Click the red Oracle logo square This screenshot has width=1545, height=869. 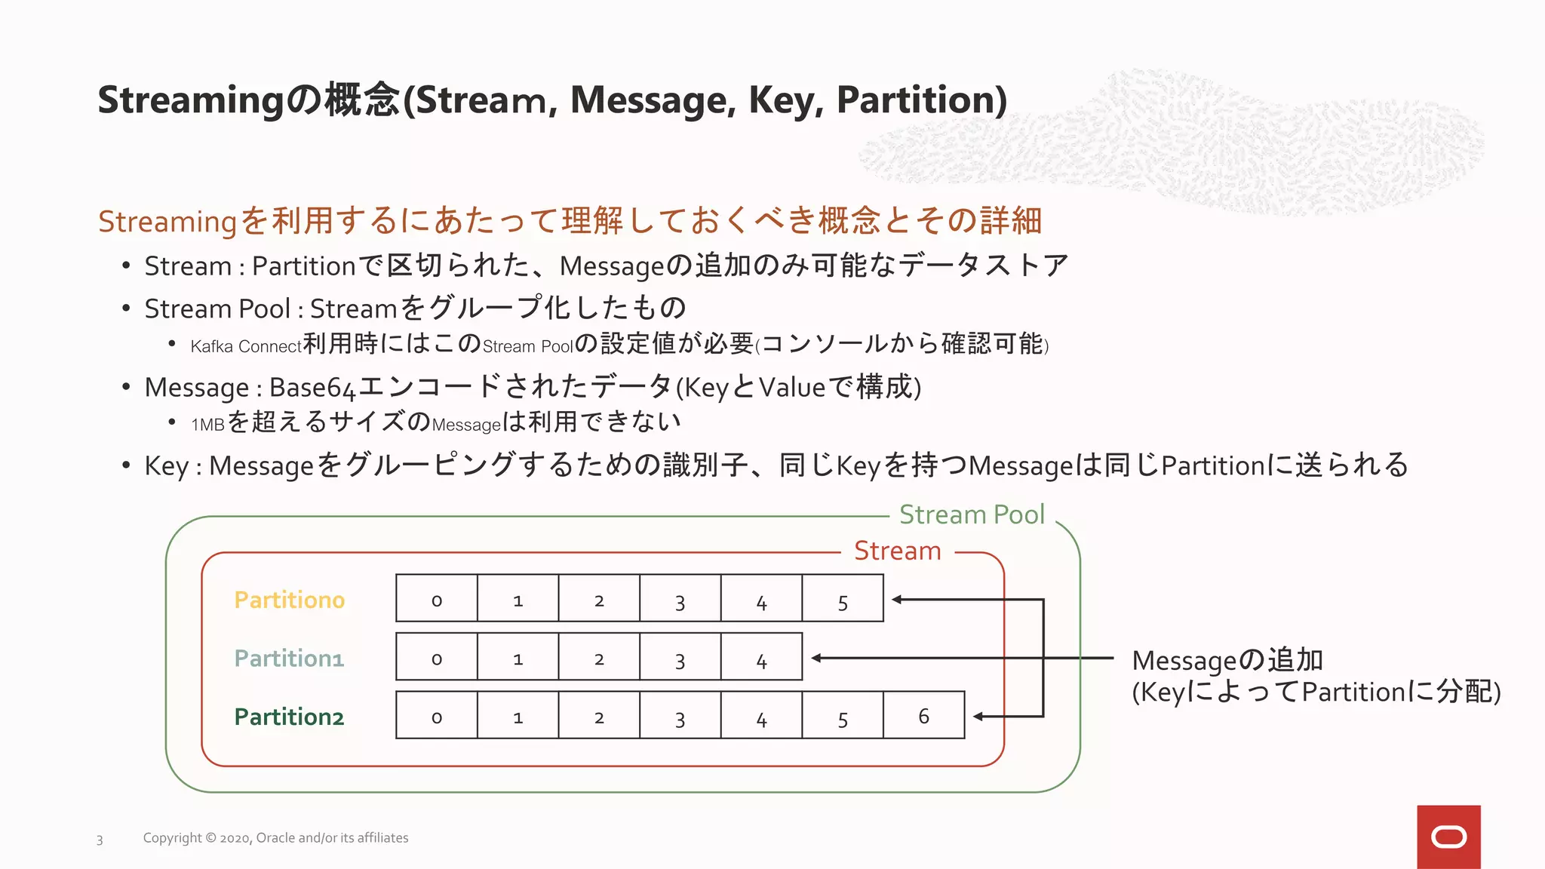coord(1448,837)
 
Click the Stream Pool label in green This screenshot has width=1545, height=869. coord(972,514)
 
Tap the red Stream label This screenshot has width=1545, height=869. coord(897,551)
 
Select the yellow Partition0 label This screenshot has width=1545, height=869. coord(289,600)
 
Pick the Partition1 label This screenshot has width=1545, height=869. coord(289,658)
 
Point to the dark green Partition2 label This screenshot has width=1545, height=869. coord(289,716)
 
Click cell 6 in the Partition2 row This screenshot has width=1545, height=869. coord(923,716)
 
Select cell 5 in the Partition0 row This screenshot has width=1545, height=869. coord(843,600)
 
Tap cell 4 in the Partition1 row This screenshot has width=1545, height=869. coord(761,658)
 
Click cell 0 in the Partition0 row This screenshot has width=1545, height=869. coord(437,600)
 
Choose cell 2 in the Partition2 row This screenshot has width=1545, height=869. coord(599,716)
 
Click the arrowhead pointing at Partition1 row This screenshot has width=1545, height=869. coord(817,658)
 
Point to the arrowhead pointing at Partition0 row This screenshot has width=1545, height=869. coord(898,600)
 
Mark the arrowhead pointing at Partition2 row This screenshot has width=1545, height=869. coord(978,716)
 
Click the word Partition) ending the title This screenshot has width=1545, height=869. coord(921,100)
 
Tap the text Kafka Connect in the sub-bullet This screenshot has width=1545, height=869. coord(246,346)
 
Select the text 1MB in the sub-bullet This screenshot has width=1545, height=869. coord(207,425)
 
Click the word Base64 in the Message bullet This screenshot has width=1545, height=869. coord(312,388)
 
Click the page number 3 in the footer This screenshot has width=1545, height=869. coord(100,840)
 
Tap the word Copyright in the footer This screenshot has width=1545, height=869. coord(173,838)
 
